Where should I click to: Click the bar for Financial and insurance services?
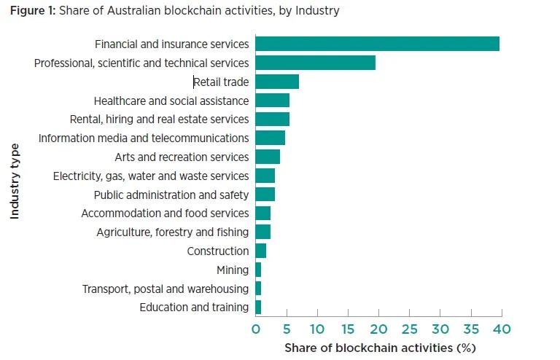(x=377, y=44)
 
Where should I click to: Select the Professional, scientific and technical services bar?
(x=315, y=63)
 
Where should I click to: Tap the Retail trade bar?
(x=277, y=82)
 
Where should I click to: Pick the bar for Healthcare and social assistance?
(x=272, y=101)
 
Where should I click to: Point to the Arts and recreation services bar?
(x=268, y=157)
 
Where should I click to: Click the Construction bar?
(x=260, y=251)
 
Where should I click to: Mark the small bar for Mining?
(x=258, y=270)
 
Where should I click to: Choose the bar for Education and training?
(x=258, y=307)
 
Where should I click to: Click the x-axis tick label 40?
(x=502, y=329)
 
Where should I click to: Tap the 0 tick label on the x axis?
(x=256, y=329)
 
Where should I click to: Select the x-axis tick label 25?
(x=409, y=329)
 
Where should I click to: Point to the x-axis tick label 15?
(x=348, y=329)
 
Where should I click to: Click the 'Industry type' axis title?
(x=15, y=181)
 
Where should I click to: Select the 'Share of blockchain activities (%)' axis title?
(x=379, y=348)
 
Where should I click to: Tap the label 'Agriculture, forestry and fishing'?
(x=173, y=232)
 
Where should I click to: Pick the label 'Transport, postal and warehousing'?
(x=166, y=289)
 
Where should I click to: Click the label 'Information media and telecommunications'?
(x=144, y=138)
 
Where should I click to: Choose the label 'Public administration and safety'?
(x=171, y=195)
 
